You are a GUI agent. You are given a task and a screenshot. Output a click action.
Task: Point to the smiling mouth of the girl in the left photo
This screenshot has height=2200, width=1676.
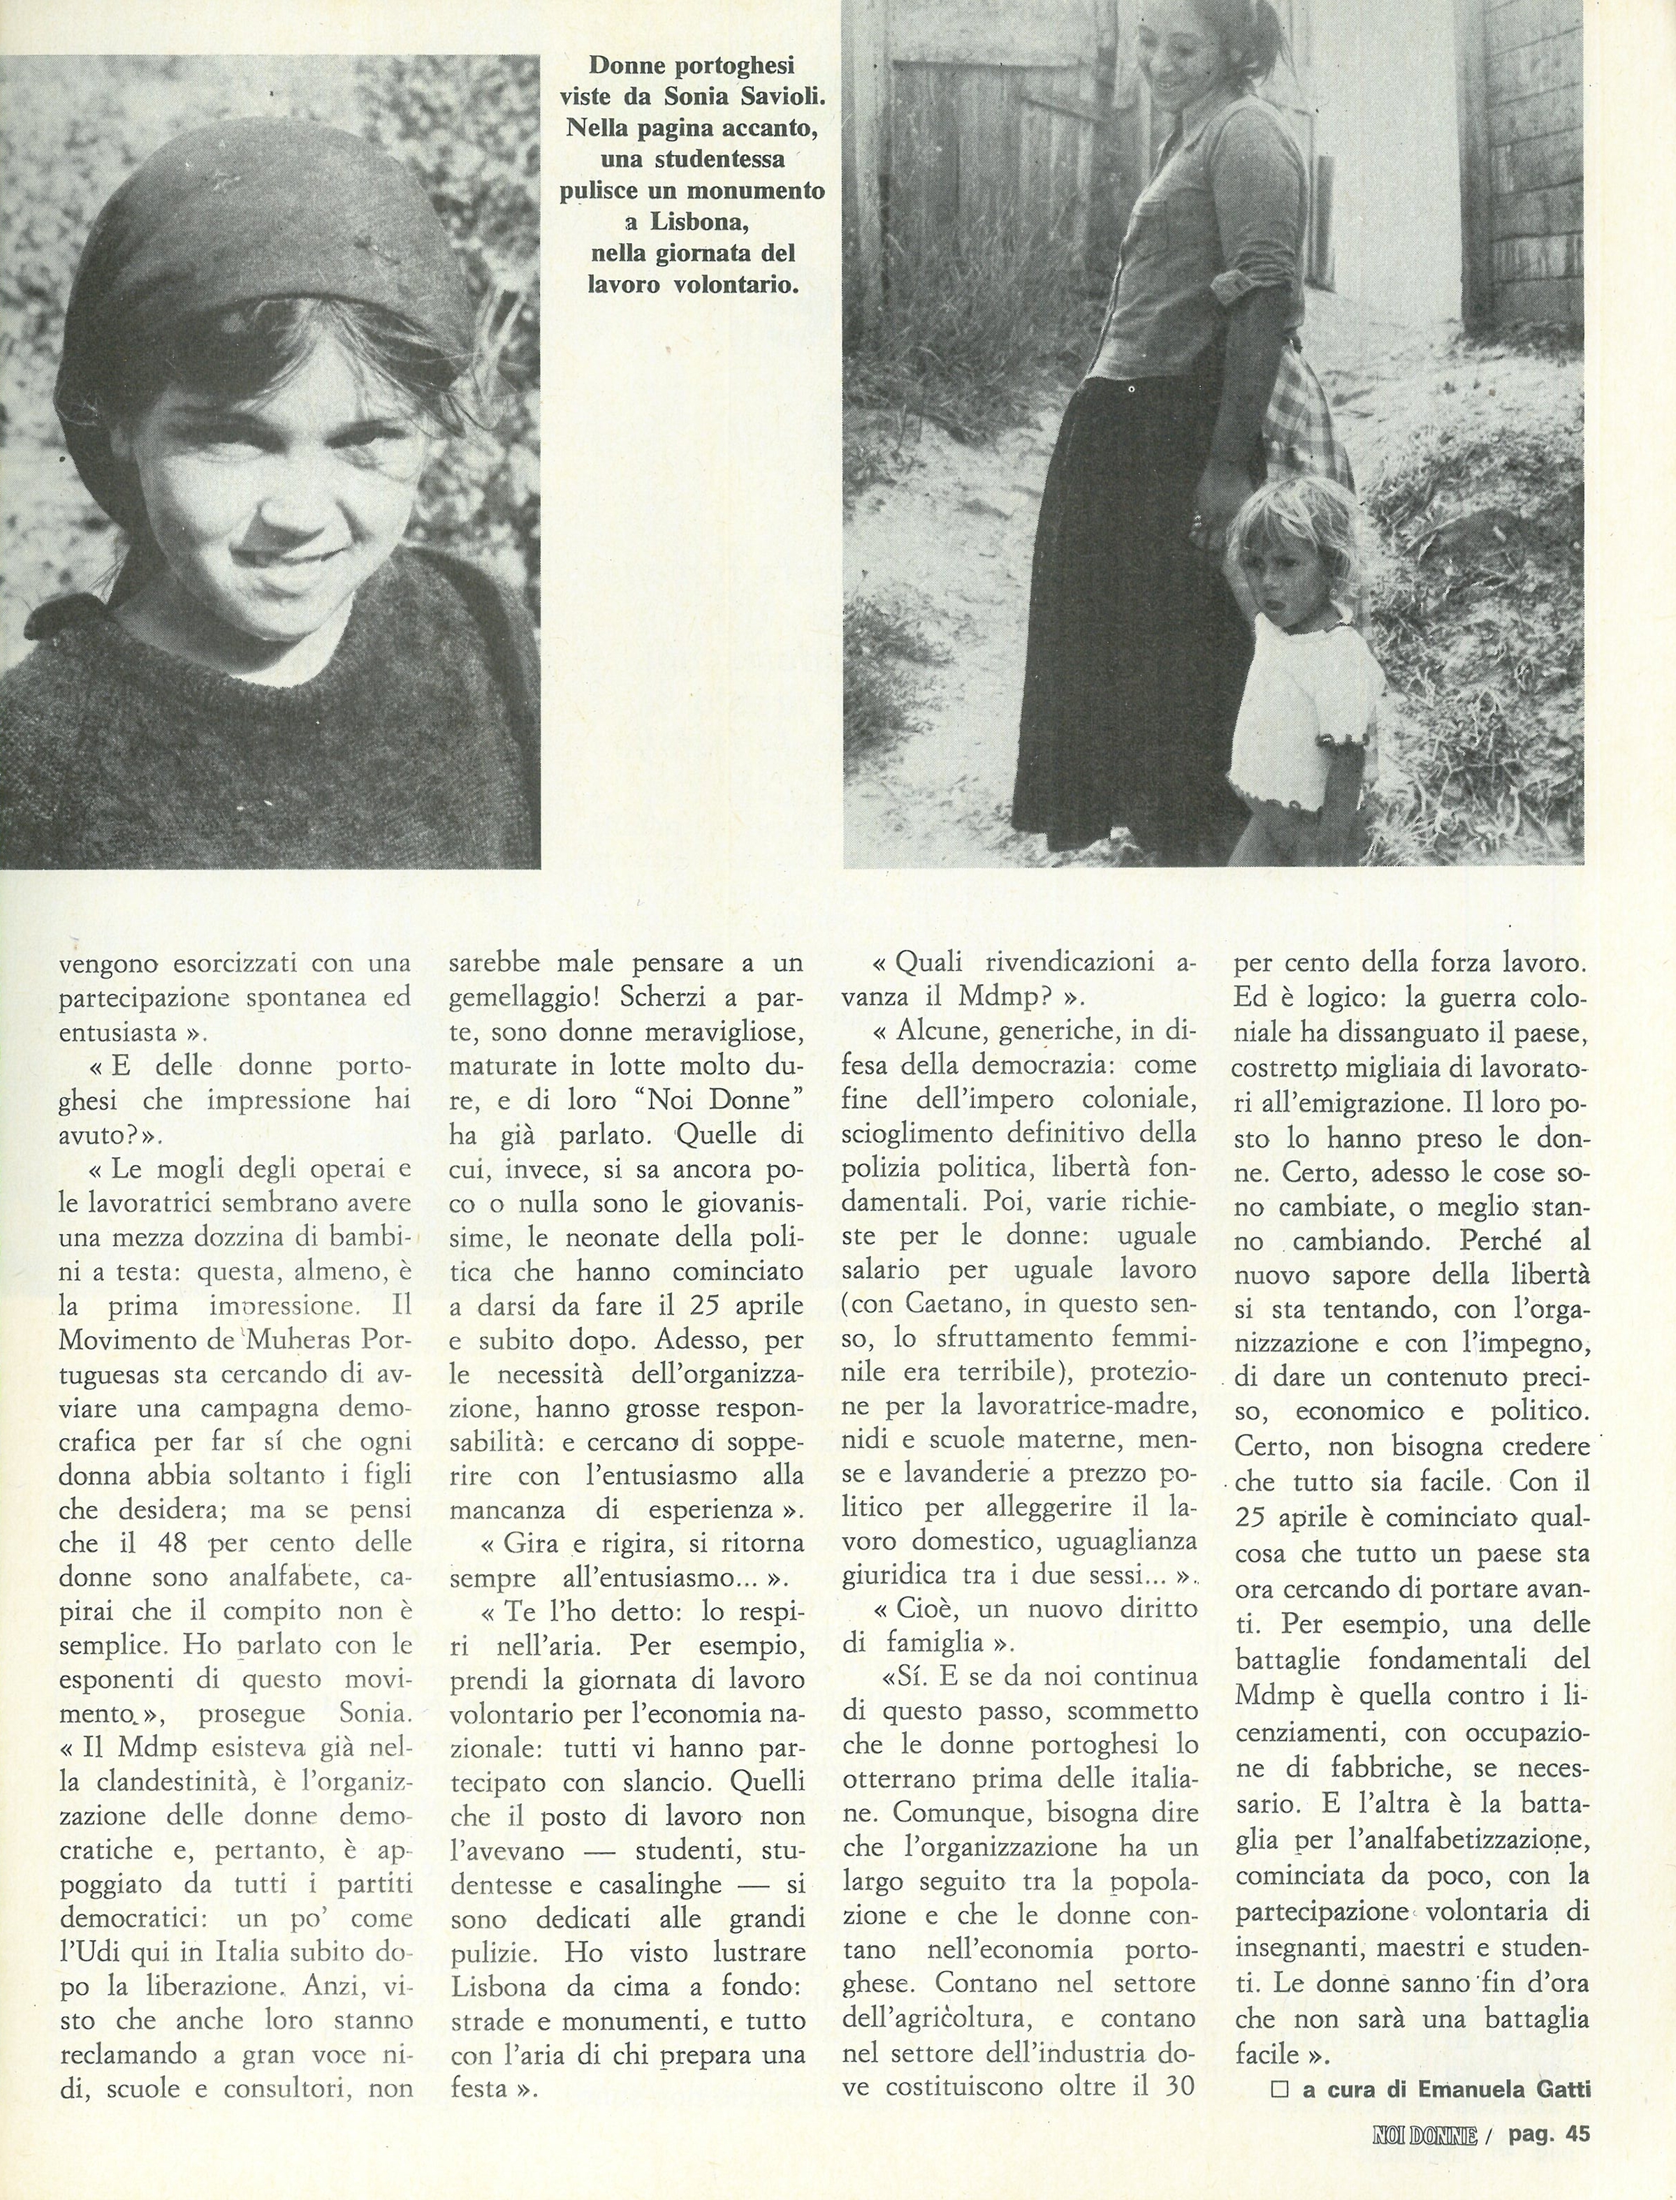point(275,538)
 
